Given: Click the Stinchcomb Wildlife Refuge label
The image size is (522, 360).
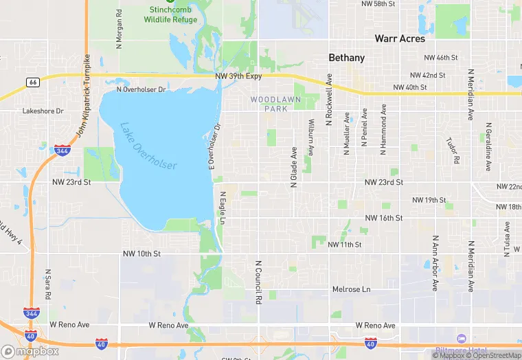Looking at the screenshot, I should [170, 15].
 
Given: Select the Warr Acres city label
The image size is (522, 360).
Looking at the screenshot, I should [399, 38].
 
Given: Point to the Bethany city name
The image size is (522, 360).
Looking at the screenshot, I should [347, 58].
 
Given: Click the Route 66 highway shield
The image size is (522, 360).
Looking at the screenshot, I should [32, 82].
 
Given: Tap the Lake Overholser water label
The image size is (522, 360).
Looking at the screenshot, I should [148, 146].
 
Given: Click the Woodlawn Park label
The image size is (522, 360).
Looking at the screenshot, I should [269, 104].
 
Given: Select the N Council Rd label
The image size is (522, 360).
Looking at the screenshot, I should [259, 282].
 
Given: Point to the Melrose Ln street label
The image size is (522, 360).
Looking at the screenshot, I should [351, 290].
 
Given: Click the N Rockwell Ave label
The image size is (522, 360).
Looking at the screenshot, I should [329, 100].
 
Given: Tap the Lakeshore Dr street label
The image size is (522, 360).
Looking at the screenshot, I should [43, 111].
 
